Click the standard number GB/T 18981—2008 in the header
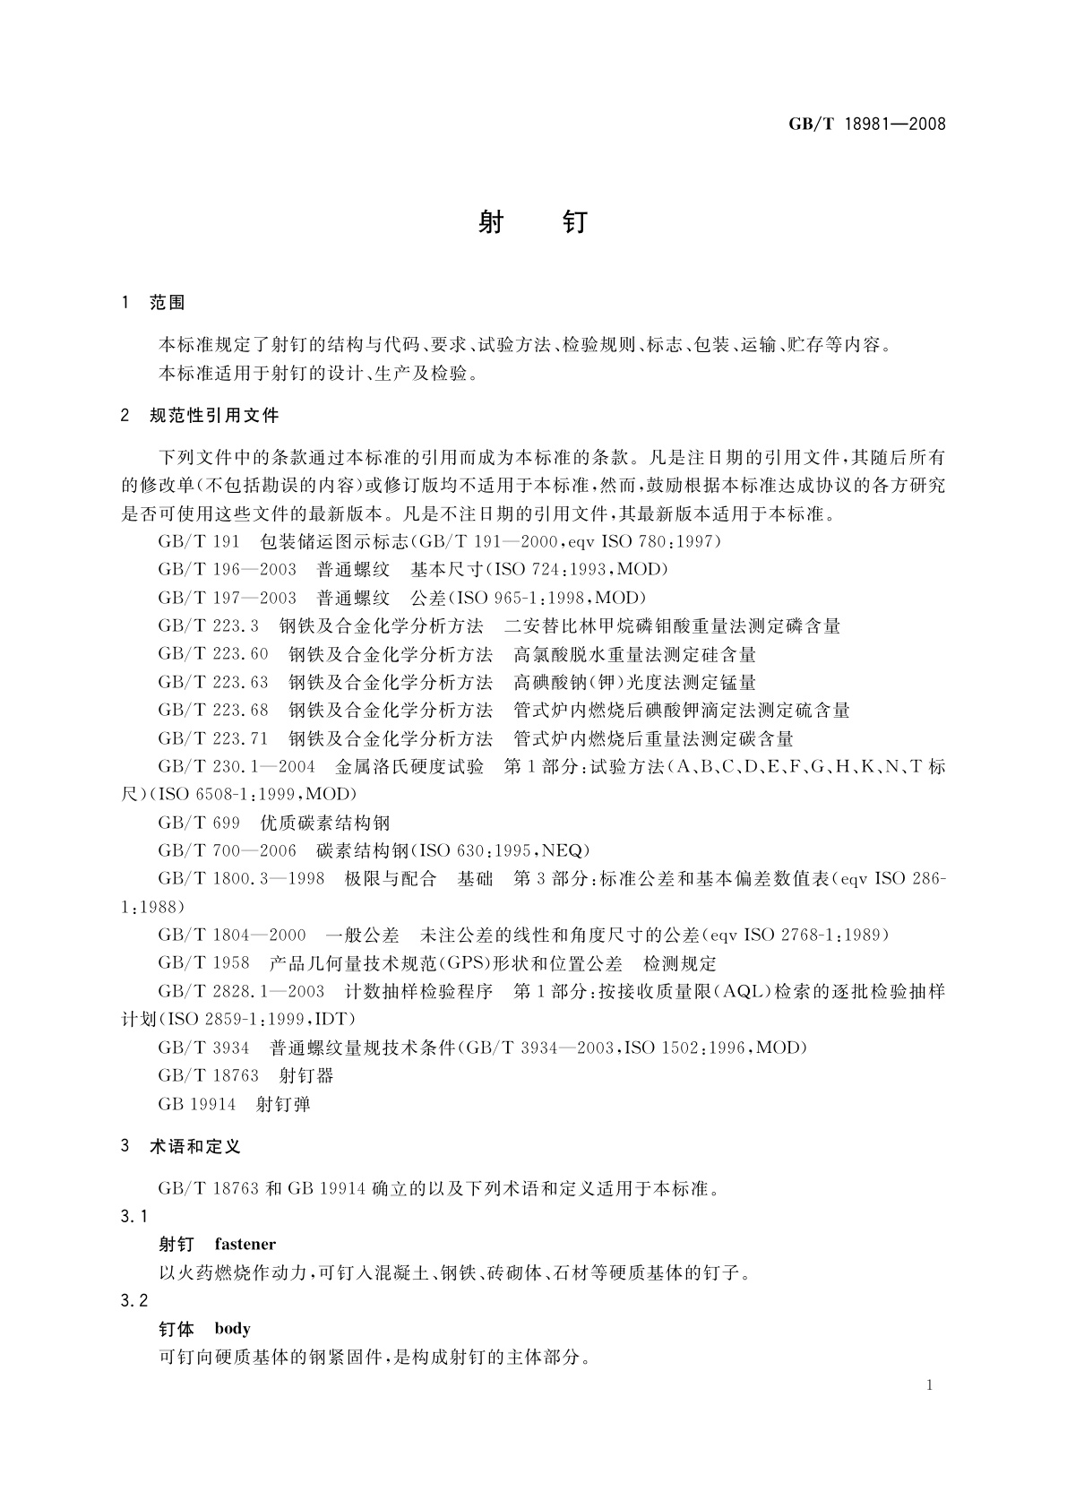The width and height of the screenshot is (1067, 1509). coord(866,124)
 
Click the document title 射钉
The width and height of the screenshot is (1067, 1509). coord(532,221)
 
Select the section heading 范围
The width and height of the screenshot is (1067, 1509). coord(168,303)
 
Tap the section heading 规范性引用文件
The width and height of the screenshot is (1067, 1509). coord(214,415)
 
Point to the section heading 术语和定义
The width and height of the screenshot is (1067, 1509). coord(195,1146)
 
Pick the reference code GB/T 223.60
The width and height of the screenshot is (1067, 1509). coord(213,654)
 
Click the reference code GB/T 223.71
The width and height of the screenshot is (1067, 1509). coord(213,738)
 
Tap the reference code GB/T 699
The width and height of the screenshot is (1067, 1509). coord(199,823)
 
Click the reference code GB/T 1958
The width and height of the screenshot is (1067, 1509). coord(203,963)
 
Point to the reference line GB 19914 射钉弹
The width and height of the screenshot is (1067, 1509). coord(234,1104)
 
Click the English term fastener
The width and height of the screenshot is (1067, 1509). coord(245,1244)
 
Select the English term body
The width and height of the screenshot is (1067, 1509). coord(233,1329)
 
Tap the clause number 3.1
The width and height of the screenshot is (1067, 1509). coord(133,1216)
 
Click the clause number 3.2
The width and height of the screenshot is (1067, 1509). coord(133,1300)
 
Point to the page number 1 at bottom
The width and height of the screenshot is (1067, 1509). coord(929,1385)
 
